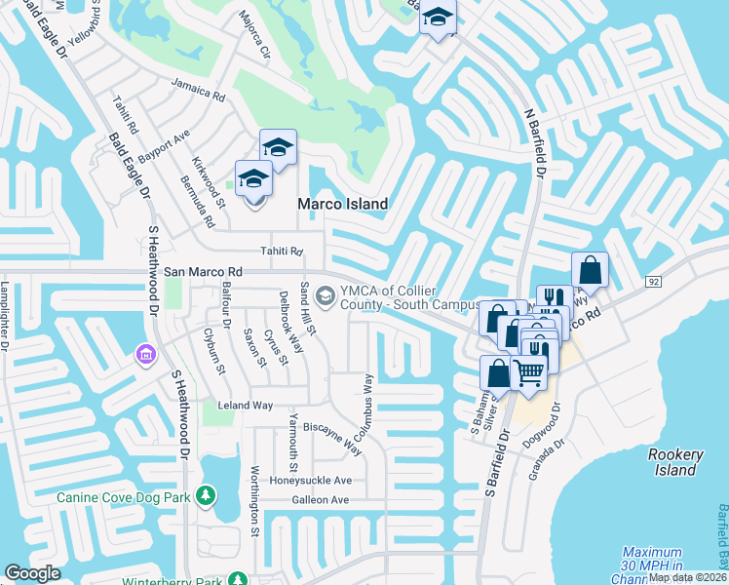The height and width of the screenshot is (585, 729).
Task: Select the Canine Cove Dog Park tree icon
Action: tap(206, 496)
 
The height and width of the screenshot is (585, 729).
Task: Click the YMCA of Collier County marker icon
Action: tap(326, 295)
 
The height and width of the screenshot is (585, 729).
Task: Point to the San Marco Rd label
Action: tap(203, 272)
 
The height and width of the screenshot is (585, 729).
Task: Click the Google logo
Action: tap(32, 573)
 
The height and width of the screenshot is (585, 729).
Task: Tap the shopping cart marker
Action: tap(529, 371)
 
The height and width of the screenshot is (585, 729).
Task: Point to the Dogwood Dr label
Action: tap(556, 420)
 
